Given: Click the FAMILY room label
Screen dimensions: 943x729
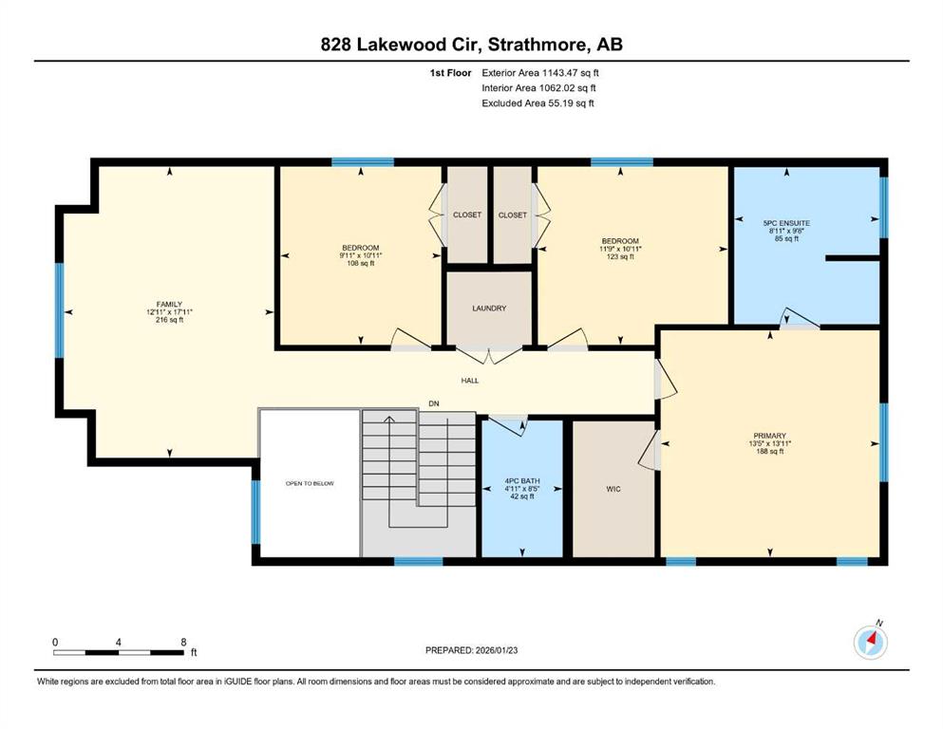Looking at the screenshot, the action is pos(169,304).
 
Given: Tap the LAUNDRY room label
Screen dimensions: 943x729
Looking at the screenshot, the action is pos(489,308).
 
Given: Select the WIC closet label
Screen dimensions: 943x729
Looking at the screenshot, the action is pos(613,489).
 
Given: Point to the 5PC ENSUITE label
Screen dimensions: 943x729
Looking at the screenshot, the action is pos(786,223).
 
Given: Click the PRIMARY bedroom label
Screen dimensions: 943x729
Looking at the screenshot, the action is pos(770,436).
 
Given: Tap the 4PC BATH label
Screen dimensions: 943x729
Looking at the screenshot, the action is pos(522,481).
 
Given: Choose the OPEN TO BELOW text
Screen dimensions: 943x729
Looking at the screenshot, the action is pos(310,483).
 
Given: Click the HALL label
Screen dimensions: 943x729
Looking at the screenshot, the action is pos(470,381).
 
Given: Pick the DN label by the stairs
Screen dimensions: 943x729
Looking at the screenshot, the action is pos(434,403).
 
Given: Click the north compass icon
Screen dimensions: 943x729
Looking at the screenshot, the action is pos(871,642).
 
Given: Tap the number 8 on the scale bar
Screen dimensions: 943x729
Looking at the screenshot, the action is pos(183,642).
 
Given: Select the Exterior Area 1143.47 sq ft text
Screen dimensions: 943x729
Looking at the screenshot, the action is pos(540,73).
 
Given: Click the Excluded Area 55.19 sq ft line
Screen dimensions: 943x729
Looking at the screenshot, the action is pos(538,103).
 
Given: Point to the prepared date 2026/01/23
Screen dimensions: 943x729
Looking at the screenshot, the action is pos(496,650).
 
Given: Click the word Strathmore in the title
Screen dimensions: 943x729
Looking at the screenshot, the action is pos(538,45).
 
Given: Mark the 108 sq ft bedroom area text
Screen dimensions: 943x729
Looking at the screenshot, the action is pos(361,263).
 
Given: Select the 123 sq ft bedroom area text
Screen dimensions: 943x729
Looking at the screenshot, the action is pos(620,256).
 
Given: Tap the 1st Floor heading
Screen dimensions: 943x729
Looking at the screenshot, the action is pos(450,73).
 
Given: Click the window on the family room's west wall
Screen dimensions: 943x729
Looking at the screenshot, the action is pos(60,310).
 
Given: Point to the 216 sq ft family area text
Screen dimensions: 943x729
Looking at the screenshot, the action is pos(170,320).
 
